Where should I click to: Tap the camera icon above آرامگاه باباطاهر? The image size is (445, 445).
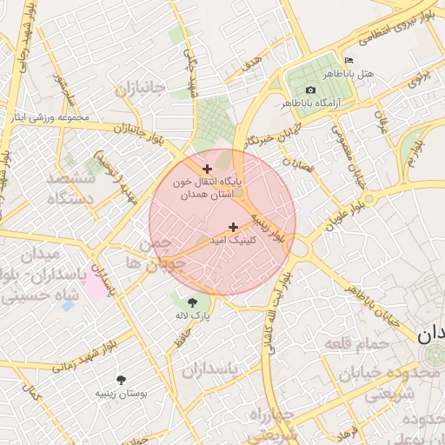pyautogui.click(x=311, y=90)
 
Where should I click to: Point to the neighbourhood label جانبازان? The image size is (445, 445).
pyautogui.click(x=139, y=89)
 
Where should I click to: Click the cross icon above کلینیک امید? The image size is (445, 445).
pyautogui.click(x=232, y=227)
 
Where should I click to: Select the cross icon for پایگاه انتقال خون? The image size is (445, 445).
pyautogui.click(x=207, y=169)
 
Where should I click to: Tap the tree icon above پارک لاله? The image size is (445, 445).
pyautogui.click(x=191, y=302)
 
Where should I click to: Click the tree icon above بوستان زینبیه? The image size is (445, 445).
pyautogui.click(x=121, y=380)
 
